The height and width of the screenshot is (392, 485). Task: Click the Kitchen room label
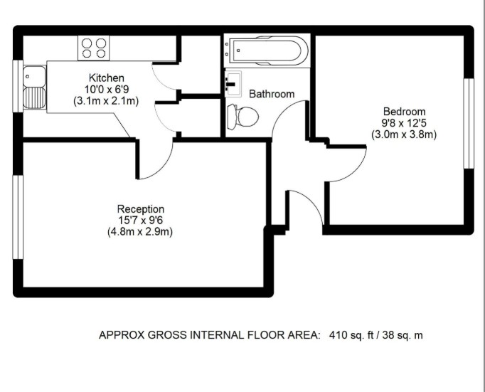click(x=107, y=78)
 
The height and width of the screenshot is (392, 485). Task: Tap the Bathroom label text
click(x=272, y=94)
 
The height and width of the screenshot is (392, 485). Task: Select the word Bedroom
click(x=404, y=112)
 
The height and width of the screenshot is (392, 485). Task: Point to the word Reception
click(x=141, y=209)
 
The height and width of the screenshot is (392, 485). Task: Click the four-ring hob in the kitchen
click(x=94, y=48)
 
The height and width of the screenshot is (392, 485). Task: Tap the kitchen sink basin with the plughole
click(x=34, y=76)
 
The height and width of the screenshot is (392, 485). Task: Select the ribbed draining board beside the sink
click(x=34, y=97)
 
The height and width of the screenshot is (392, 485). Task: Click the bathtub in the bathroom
click(x=267, y=51)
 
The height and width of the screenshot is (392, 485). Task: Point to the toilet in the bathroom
click(x=242, y=117)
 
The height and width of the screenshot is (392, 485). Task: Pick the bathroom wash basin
click(x=233, y=84)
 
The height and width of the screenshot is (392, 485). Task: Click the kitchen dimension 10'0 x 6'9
click(x=107, y=90)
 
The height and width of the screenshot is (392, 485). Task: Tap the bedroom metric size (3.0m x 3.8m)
click(x=404, y=134)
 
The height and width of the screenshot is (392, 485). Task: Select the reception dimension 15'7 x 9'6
click(x=140, y=221)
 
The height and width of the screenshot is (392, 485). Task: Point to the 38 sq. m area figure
click(x=403, y=335)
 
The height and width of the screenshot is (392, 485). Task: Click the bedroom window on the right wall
click(x=469, y=124)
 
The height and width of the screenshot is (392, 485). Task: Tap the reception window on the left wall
click(x=18, y=217)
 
